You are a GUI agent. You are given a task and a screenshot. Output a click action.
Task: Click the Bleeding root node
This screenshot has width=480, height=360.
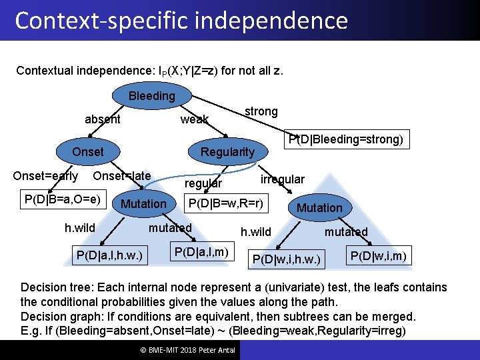(x=151, y=96)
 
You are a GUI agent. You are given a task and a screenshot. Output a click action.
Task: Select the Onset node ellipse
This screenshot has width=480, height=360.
(x=87, y=151)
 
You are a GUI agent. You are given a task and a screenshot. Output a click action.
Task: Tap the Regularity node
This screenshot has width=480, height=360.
(x=227, y=151)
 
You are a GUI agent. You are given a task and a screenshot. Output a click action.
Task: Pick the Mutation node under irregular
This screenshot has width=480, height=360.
(x=319, y=207)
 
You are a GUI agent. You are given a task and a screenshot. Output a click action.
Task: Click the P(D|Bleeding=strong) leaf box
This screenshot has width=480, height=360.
(x=345, y=139)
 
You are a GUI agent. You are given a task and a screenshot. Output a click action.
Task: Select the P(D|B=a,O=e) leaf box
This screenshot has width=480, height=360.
(x=63, y=199)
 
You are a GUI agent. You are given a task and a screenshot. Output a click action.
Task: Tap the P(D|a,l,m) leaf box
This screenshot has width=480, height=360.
(x=201, y=251)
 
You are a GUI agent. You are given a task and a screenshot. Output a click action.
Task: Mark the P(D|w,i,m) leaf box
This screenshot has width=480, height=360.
(x=378, y=255)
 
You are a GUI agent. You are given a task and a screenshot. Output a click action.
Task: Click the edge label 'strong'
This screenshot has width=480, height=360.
(x=261, y=111)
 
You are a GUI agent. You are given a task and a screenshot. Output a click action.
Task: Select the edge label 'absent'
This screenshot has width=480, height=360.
(x=103, y=119)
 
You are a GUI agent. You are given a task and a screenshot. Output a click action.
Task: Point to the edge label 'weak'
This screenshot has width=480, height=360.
(x=194, y=119)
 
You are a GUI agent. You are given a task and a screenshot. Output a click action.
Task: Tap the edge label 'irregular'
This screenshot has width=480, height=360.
(x=282, y=179)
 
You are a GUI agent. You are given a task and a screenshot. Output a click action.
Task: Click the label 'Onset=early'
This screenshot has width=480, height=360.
(x=45, y=176)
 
